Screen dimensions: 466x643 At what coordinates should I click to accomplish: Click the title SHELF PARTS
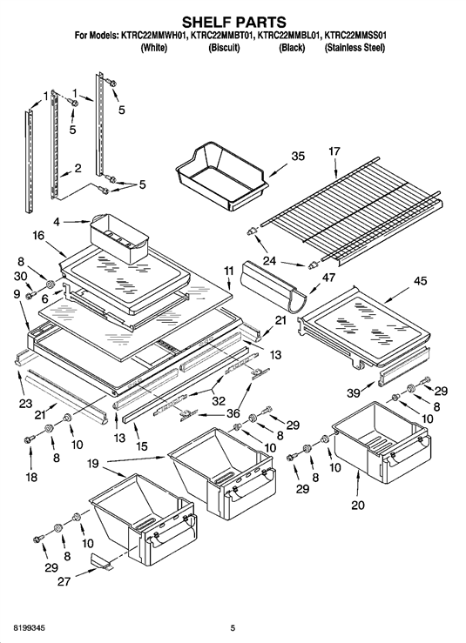point(233,22)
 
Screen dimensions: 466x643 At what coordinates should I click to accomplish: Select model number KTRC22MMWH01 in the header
point(154,36)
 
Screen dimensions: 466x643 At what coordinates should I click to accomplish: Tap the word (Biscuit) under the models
point(224,48)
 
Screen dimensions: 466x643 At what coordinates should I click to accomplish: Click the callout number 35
point(298,157)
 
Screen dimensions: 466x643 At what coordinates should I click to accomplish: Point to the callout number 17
point(334,151)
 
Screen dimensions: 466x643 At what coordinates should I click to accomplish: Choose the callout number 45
point(420,281)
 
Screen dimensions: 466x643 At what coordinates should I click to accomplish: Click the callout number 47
point(328,278)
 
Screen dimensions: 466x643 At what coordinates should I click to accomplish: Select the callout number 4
point(57,222)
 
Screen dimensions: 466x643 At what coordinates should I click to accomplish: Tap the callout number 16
point(38,236)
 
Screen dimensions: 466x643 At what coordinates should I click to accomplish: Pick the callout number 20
point(358,505)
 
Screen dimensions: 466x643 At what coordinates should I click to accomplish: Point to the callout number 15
point(141,445)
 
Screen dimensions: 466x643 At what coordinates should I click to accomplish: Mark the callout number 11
point(228,271)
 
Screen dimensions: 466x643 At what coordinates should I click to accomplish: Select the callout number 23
point(25,404)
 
